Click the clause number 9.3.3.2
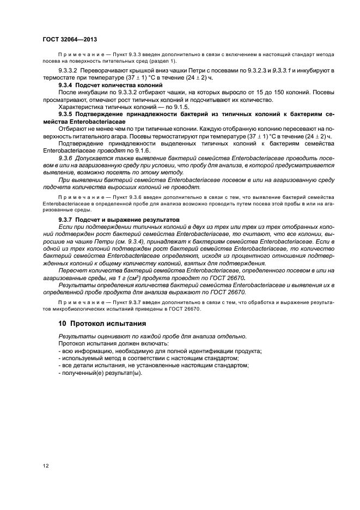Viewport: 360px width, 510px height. (x=69, y=71)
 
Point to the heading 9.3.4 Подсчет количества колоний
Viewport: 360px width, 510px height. (x=110, y=85)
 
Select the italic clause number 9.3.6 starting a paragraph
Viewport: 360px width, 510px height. (x=68, y=156)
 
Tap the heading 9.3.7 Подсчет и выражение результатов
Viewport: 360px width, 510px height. (x=119, y=219)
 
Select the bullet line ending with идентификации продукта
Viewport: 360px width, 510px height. (x=160, y=351)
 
